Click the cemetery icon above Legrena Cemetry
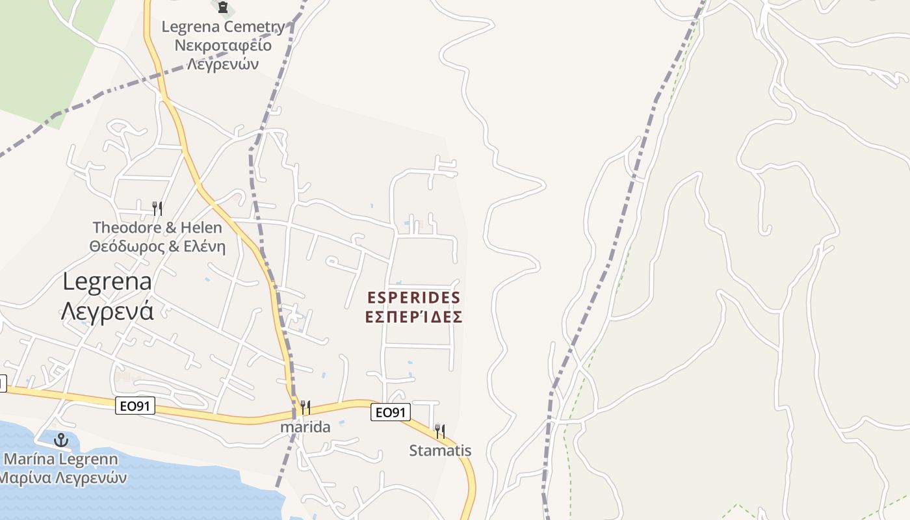point(223,8)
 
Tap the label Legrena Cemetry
point(223,27)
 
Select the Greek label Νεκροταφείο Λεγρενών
point(223,55)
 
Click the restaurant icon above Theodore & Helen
point(157,208)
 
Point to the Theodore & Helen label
point(157,227)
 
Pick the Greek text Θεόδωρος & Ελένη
point(157,247)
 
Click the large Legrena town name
point(107,281)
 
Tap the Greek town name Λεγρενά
point(107,311)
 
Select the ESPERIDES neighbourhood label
point(414,298)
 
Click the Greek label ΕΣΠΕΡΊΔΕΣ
point(414,317)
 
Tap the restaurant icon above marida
point(305,408)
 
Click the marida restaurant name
point(305,427)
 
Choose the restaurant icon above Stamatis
point(440,431)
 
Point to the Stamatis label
point(440,450)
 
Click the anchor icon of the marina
point(61,440)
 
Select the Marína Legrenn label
point(61,460)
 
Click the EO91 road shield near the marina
point(136,406)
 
